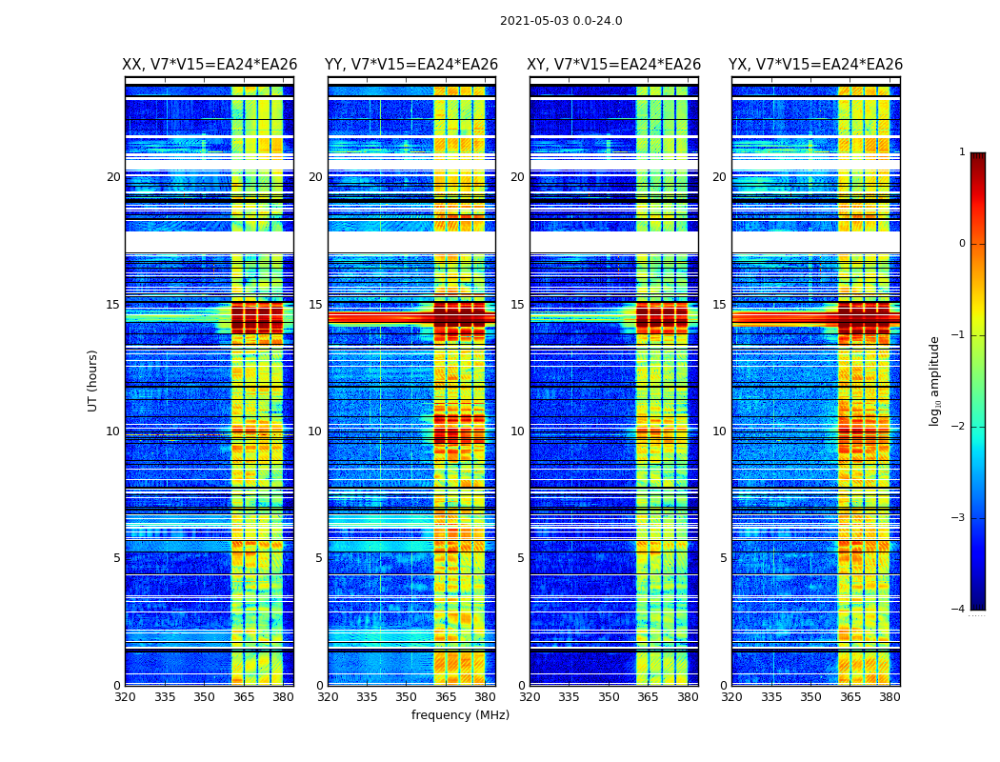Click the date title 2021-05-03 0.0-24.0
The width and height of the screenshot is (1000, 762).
[561, 21]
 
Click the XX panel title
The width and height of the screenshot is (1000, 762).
[210, 65]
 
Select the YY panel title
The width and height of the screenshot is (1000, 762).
[411, 65]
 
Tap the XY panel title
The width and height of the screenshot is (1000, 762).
[614, 65]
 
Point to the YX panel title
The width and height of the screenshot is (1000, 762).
[815, 65]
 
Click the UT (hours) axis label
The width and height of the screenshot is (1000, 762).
[93, 380]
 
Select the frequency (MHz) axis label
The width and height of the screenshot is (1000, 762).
[460, 715]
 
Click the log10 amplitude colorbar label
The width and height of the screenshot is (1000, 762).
[935, 380]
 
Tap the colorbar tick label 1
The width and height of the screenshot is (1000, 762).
[962, 152]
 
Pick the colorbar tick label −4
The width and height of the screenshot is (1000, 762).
[959, 610]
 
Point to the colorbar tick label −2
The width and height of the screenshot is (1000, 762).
[959, 427]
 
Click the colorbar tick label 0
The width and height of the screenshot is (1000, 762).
[962, 244]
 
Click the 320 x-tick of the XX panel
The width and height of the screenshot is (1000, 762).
[125, 697]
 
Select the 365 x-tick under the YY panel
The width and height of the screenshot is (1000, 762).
[446, 697]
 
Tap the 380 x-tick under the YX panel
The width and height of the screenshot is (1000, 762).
[890, 697]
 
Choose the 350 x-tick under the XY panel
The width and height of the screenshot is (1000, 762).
[609, 697]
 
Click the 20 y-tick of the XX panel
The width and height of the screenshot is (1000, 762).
[113, 177]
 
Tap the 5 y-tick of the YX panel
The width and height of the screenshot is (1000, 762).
[723, 558]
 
